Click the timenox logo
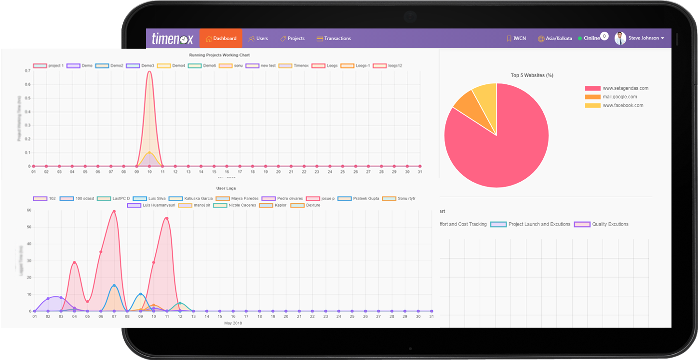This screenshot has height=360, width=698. pos(172,39)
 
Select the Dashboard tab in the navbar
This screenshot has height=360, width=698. pos(221,39)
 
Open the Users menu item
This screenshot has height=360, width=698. pos(258,39)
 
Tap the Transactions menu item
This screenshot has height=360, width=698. pos(334,39)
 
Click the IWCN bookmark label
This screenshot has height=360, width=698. pos(516,39)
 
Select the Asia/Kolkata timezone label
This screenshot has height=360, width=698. pos(555,39)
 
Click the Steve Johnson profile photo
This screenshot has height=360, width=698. pos(620,38)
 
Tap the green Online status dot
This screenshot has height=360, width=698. pos(580,39)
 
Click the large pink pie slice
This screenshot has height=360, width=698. pos(501,149)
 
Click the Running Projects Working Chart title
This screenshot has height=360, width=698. pos(219,55)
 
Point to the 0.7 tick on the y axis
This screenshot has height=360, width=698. pos(28,71)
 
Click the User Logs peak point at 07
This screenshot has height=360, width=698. pos(114,211)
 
